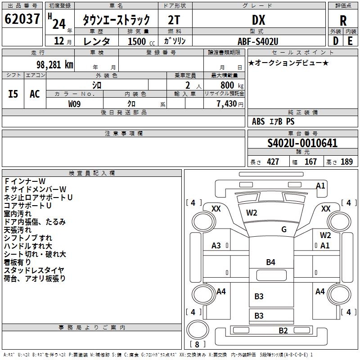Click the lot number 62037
click(22, 19)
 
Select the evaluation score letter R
click(343, 21)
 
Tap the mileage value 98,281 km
click(50, 65)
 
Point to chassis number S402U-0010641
click(302, 144)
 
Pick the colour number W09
click(75, 103)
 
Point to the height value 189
click(346, 162)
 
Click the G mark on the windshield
click(284, 229)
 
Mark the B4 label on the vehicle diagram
click(270, 262)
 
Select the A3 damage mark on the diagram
click(216, 245)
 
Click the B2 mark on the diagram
click(283, 331)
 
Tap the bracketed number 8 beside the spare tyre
click(197, 345)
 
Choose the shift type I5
click(13, 94)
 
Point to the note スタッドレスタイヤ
click(34, 270)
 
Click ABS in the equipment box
click(258, 121)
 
